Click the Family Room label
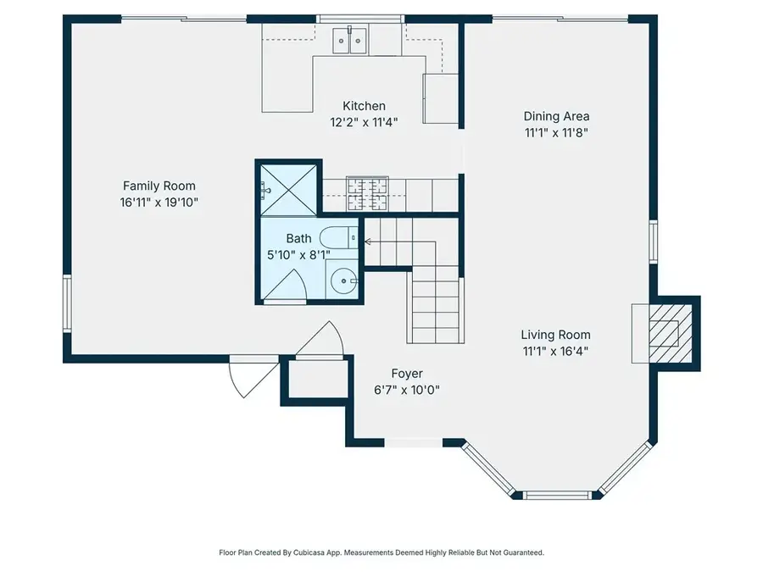(159, 186)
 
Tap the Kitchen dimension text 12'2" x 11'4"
(364, 122)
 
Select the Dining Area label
(556, 116)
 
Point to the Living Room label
(555, 335)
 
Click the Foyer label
(407, 374)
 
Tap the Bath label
(298, 238)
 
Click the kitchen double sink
(349, 41)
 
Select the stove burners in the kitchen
(367, 194)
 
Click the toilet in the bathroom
(338, 238)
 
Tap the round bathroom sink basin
(343, 281)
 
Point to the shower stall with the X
(288, 189)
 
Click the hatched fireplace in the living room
(670, 334)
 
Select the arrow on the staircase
(400, 242)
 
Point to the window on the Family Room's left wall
(67, 304)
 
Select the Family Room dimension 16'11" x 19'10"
(159, 203)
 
